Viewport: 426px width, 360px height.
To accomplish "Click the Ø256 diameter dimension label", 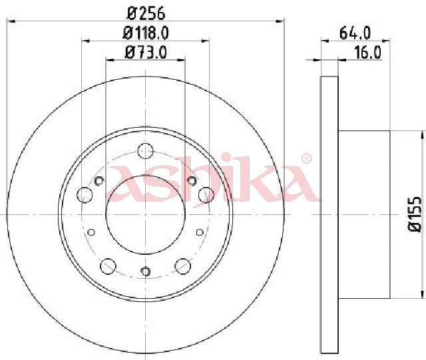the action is (x=146, y=13).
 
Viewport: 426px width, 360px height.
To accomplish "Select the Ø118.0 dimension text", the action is (x=146, y=33).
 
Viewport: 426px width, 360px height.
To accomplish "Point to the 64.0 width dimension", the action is (x=355, y=33).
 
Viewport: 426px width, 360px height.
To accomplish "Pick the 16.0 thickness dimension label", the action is (x=368, y=53).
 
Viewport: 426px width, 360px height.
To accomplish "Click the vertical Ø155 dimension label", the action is (x=415, y=214).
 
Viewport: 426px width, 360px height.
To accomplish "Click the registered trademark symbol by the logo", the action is (x=306, y=158).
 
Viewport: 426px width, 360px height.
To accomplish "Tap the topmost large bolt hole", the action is (x=146, y=151).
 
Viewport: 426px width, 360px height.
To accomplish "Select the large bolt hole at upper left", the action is (x=85, y=195).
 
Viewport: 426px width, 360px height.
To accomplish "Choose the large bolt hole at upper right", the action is (x=206, y=195).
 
